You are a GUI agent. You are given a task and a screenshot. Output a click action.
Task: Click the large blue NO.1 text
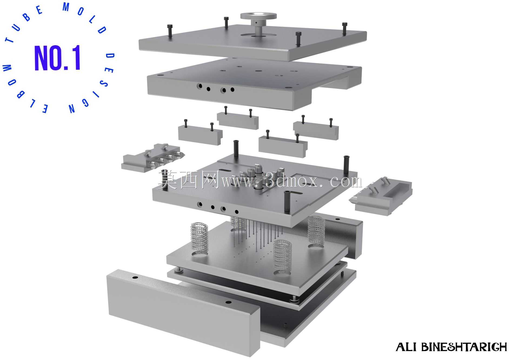pyautogui.click(x=58, y=58)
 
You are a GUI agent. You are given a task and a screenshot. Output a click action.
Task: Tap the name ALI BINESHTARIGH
pyautogui.click(x=451, y=347)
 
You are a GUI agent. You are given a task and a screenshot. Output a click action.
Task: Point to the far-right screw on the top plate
pyautogui.click(x=344, y=28)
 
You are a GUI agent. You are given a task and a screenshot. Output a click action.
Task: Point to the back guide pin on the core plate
pyautogui.click(x=236, y=149)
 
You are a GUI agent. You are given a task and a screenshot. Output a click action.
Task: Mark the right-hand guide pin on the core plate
pyautogui.click(x=346, y=164)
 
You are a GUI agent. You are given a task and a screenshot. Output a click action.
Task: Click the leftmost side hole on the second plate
pyautogui.click(x=200, y=86)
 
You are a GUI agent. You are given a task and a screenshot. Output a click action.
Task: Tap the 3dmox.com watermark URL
pyautogui.click(x=292, y=181)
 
